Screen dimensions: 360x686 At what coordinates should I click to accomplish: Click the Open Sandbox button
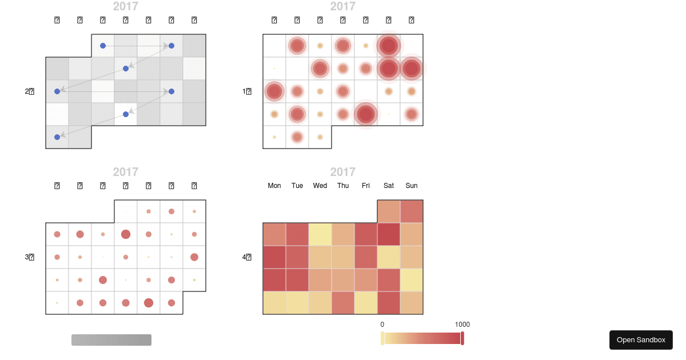[641, 340]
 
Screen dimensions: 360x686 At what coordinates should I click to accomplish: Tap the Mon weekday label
[274, 186]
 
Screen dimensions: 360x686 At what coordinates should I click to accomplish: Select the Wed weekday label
[320, 186]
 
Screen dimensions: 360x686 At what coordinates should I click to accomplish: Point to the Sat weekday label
[389, 186]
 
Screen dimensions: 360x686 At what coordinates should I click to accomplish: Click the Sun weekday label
[412, 186]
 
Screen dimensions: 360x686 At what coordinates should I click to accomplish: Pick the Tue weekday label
[297, 186]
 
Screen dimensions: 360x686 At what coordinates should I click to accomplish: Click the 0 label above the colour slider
[382, 325]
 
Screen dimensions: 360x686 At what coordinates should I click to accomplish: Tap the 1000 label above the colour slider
[462, 325]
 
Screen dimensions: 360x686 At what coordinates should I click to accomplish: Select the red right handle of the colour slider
[462, 338]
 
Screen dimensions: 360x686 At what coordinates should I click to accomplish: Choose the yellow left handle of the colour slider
[382, 338]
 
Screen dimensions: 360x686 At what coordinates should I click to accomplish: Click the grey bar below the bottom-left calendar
[111, 340]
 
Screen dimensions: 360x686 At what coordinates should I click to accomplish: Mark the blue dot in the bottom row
[57, 137]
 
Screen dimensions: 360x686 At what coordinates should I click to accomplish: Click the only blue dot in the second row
[126, 69]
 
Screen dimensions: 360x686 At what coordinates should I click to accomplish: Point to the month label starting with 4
[247, 257]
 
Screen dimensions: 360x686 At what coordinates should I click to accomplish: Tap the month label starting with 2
[30, 91]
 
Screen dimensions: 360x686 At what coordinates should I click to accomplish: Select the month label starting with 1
[247, 91]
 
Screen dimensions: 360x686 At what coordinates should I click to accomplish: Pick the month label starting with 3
[30, 257]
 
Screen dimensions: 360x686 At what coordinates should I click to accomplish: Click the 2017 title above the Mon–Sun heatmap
[343, 172]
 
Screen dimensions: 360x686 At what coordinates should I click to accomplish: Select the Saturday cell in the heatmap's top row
[389, 211]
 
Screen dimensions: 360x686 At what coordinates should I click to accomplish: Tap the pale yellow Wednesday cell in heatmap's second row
[320, 234]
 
